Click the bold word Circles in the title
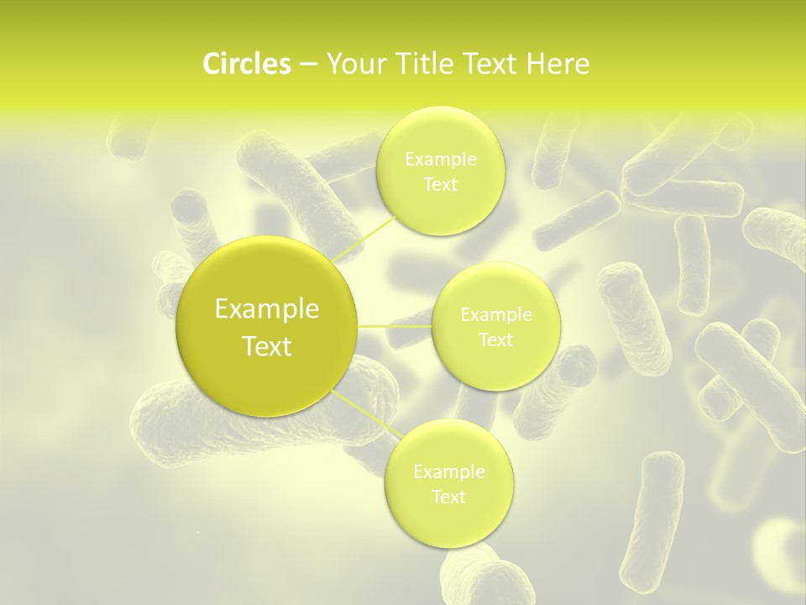coord(247,64)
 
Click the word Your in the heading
coord(354,64)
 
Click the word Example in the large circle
coord(267,309)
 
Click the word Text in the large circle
coord(267,346)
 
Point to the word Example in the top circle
coord(441,160)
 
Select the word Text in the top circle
coord(441,185)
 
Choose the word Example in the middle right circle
coord(496,315)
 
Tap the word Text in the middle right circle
coord(496,340)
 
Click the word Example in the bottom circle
coord(449,472)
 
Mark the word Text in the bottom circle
coord(449,497)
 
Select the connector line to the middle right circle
coord(394,325)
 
